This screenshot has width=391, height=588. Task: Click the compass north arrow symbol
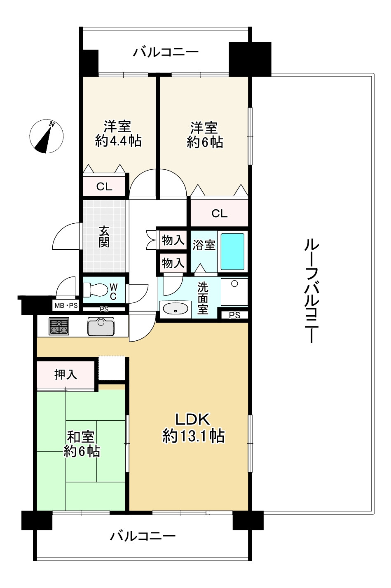point(46,136)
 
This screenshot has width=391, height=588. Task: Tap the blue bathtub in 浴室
point(232,251)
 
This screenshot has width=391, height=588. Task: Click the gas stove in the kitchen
point(59,326)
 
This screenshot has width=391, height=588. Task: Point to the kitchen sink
point(101,326)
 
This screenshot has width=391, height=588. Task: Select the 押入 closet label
point(66,375)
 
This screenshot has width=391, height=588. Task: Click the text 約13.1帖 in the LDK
point(193,436)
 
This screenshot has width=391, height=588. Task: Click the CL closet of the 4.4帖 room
point(104,187)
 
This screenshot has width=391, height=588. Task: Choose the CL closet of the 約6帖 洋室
point(219,213)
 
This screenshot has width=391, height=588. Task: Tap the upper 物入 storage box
point(172,240)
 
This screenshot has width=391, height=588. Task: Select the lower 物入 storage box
point(172,263)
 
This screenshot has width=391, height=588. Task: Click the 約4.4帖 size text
point(118,141)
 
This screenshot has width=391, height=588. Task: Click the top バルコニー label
point(166,52)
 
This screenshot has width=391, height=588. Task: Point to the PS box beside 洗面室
point(234,315)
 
